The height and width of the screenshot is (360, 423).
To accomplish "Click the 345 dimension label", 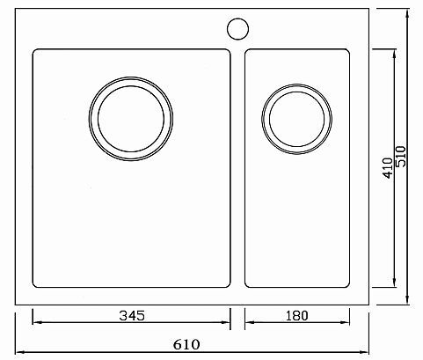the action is pos(132,316).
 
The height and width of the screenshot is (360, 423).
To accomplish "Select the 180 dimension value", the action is pos(296,316).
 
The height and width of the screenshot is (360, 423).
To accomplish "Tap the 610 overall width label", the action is pos(186,344).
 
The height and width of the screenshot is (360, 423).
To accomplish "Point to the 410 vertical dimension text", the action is pos(388,168).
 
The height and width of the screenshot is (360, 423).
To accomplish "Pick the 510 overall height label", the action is pos(401,157).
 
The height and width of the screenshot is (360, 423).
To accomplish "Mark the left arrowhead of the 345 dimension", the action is pos(36,322).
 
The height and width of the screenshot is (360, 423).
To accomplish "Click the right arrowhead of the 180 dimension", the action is pos(346,322).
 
